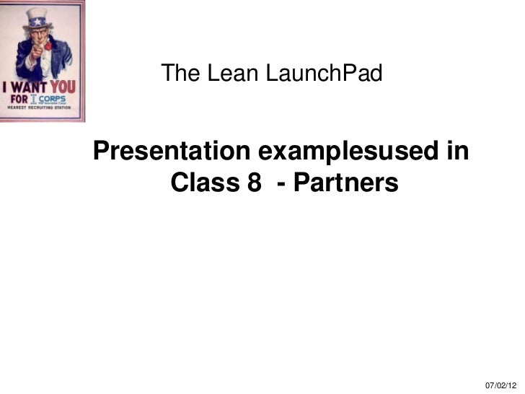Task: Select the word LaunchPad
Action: click(325, 73)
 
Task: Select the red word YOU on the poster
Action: click(66, 87)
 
